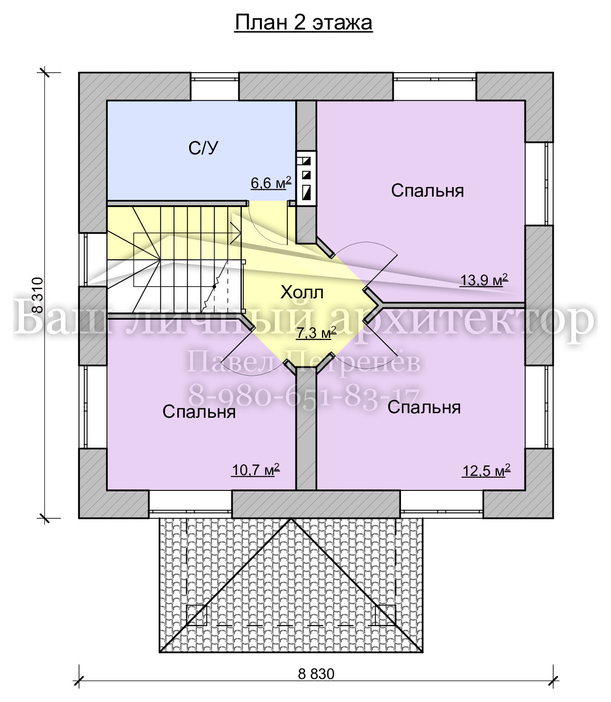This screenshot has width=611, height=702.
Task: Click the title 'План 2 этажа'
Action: [303, 23]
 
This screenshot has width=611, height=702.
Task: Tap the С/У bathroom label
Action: [203, 148]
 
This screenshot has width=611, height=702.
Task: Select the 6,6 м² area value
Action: [271, 183]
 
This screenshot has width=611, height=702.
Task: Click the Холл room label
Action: [302, 293]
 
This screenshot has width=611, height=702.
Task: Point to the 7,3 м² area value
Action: [316, 333]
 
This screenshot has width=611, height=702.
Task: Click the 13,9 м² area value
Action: [484, 280]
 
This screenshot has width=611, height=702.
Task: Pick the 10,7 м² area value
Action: [256, 470]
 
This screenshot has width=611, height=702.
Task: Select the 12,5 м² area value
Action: [486, 471]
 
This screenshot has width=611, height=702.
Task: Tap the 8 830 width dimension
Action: [316, 674]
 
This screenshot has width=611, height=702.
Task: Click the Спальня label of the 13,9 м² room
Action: [427, 190]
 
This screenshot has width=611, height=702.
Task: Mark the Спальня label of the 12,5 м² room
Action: [424, 407]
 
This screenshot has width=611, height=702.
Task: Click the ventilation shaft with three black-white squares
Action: [306, 178]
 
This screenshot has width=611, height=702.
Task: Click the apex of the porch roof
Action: [291, 519]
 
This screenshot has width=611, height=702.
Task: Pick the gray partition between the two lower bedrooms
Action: [306, 431]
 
